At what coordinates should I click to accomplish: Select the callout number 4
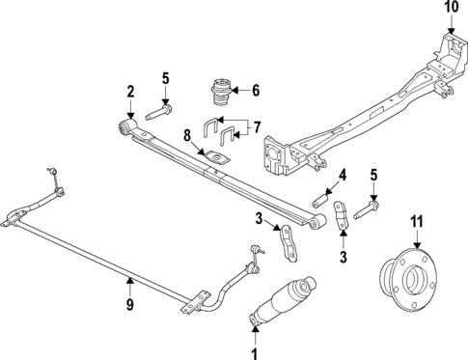341,174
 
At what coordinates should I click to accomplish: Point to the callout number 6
256,91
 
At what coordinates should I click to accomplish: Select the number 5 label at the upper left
165,78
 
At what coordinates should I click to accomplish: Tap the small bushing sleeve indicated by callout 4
321,201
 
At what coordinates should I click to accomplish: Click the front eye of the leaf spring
124,127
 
